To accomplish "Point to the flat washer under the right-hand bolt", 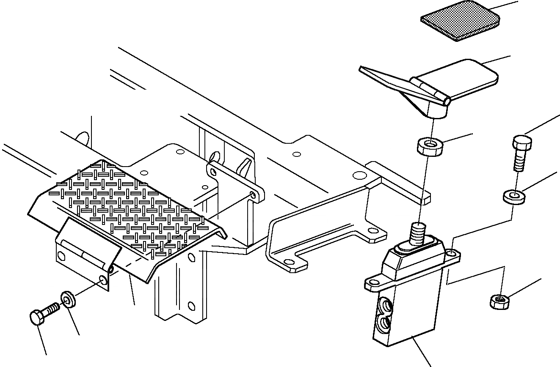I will pos(513,196).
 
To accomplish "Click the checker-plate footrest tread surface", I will pos(127,203).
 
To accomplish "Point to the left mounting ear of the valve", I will pos(373,284).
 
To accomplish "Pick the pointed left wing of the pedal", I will pos(381,76).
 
